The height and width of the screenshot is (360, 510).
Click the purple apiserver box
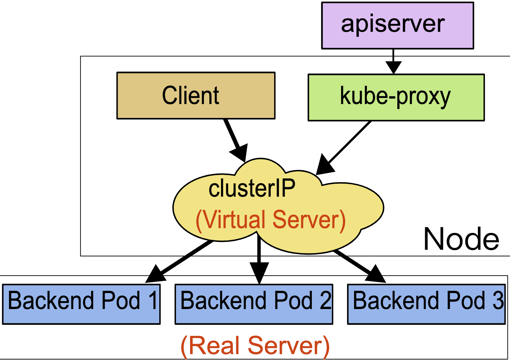pyautogui.click(x=397, y=26)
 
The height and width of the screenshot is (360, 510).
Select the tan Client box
pyautogui.click(x=196, y=95)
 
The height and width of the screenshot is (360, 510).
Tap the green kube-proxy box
pyautogui.click(x=396, y=97)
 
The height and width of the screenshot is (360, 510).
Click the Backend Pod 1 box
pyautogui.click(x=81, y=304)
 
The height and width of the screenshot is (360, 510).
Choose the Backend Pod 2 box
pyautogui.click(x=254, y=304)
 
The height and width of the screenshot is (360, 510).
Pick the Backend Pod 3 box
pyautogui.click(x=426, y=304)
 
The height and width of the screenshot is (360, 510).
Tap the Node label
pyautogui.click(x=461, y=239)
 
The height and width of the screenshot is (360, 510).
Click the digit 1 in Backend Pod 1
pyautogui.click(x=153, y=300)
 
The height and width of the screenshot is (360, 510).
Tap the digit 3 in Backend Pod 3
pyautogui.click(x=498, y=300)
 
